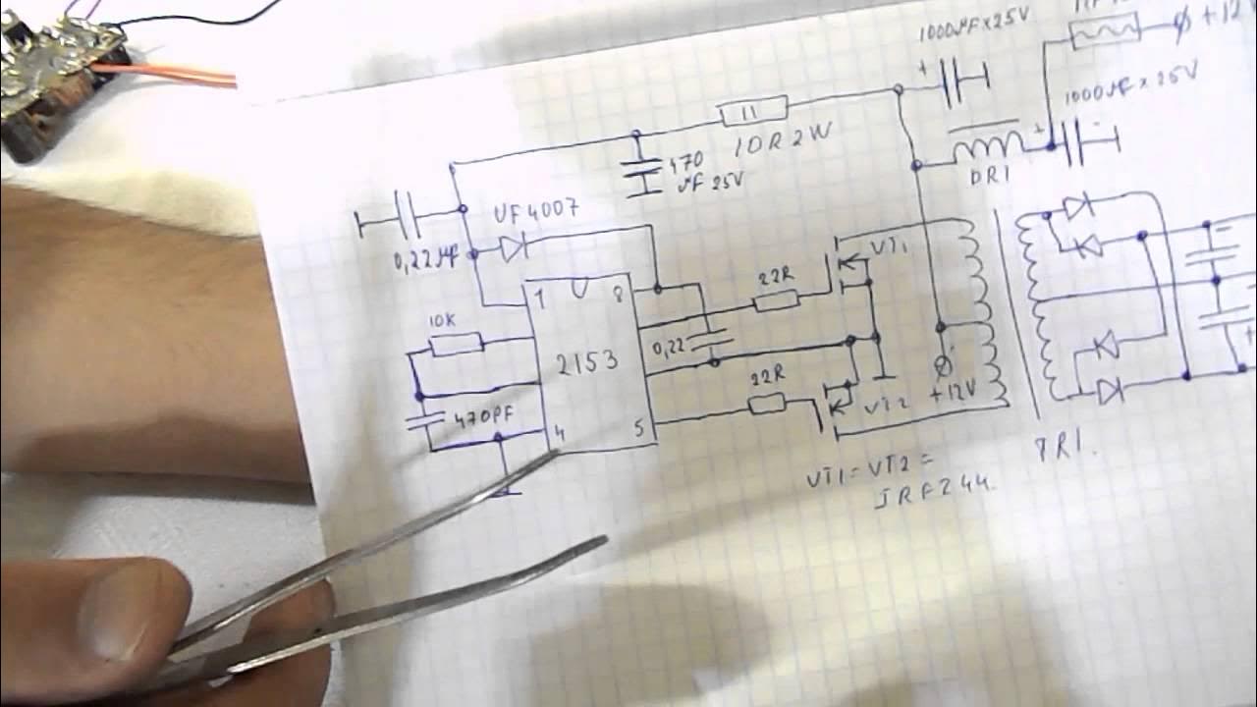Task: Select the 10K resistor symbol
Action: [457, 343]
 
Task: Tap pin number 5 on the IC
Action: [638, 429]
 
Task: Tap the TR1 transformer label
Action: [1074, 446]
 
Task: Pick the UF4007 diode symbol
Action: [513, 249]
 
